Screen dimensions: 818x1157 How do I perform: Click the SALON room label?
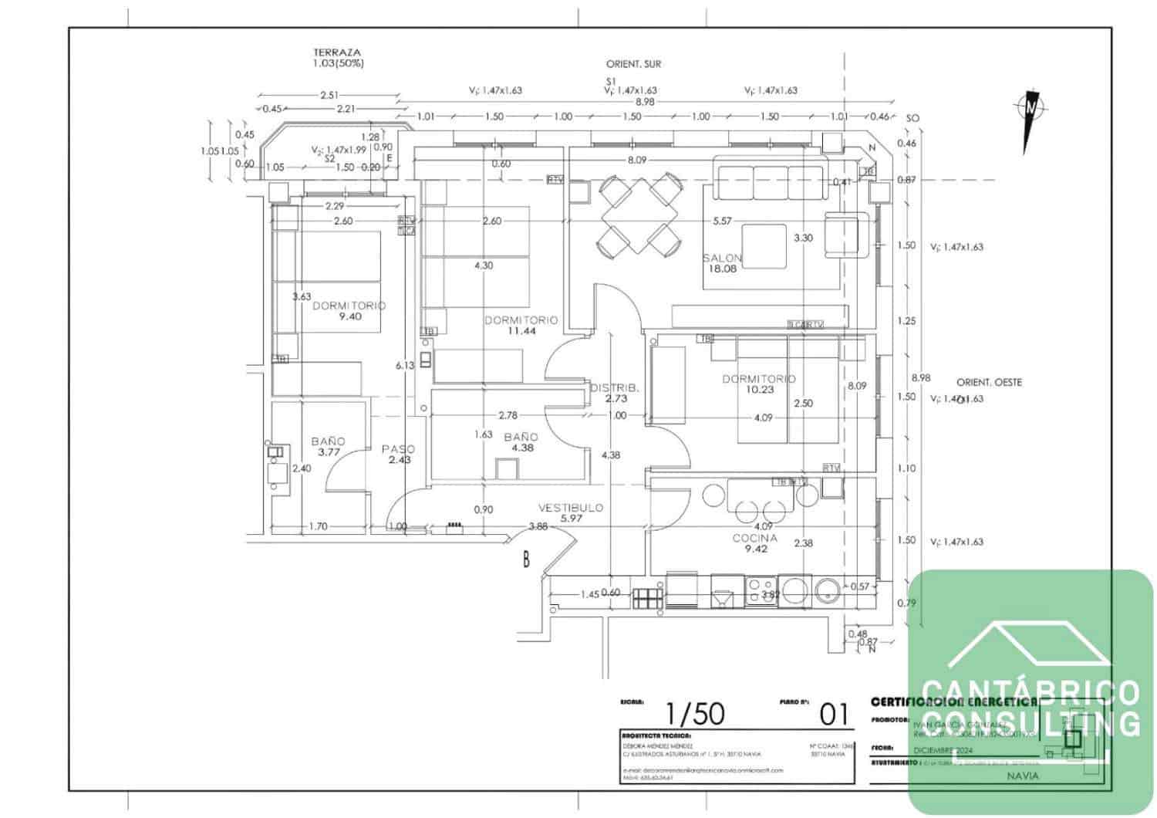point(723,258)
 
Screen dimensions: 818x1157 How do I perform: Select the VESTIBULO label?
point(571,508)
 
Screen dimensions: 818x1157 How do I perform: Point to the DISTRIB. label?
point(615,388)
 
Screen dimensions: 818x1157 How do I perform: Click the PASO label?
point(399,449)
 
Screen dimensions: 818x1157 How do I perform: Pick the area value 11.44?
point(521,331)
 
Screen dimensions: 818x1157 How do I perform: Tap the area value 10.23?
point(760,390)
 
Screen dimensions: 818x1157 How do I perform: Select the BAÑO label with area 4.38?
point(521,437)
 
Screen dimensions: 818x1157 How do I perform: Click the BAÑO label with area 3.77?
point(329,441)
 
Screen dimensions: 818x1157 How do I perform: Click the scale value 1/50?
point(695,715)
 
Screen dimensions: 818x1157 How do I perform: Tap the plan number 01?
point(833,715)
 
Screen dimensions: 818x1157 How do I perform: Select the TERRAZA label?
point(337,52)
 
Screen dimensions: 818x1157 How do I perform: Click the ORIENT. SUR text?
point(633,65)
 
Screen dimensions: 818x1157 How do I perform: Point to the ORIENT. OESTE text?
point(989,383)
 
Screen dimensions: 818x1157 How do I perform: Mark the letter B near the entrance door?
point(526,559)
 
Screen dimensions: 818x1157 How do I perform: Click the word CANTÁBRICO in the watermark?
point(1031,691)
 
